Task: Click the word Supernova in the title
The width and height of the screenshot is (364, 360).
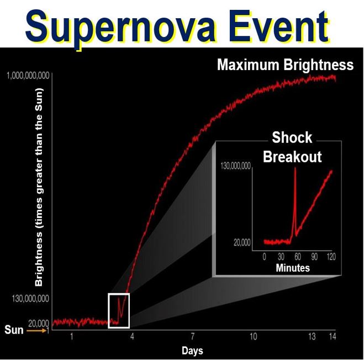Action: pos(120,28)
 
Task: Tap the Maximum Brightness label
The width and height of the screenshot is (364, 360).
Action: pos(286,65)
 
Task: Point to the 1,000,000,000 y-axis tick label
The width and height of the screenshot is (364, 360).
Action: pos(28,76)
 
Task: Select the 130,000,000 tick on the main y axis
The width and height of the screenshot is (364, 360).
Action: pos(30,299)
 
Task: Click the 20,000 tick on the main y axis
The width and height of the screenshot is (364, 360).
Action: pos(39,323)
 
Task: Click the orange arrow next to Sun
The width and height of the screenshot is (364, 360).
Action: pos(36,331)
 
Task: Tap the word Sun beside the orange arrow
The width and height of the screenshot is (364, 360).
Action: pos(14,330)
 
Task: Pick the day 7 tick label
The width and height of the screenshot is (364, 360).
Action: pos(193,336)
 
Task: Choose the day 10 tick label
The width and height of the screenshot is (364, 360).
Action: pos(254,336)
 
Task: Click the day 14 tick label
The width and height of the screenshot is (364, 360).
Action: pos(333,336)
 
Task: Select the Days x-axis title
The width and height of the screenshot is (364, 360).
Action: pos(192,351)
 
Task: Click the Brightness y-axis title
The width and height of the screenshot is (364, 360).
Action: pos(39,187)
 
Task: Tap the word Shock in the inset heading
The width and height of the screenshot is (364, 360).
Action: pos(292,137)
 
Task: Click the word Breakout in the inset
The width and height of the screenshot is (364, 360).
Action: pos(292,157)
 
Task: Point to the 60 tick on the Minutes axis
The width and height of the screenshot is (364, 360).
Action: pos(298,257)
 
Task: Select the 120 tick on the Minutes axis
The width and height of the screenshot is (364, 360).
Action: pos(331,257)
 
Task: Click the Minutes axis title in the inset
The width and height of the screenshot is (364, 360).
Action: pos(293,268)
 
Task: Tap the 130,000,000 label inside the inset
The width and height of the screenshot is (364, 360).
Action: pos(236,166)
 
